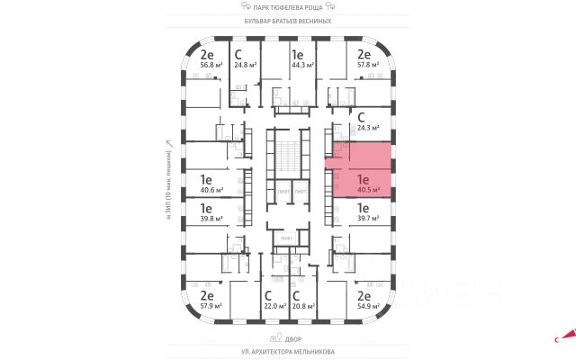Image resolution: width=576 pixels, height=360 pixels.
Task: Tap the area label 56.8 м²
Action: click(x=206, y=64)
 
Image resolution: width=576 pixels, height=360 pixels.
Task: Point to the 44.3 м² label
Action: click(x=302, y=64)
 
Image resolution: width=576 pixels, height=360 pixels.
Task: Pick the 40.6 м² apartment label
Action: click(x=206, y=190)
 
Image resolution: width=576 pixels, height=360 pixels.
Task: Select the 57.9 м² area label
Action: click(x=206, y=306)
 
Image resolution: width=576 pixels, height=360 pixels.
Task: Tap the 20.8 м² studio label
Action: click(x=302, y=306)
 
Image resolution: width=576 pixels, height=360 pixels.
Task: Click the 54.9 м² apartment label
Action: click(x=364, y=306)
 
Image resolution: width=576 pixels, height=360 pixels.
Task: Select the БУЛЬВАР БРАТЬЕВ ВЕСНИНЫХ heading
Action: click(x=288, y=20)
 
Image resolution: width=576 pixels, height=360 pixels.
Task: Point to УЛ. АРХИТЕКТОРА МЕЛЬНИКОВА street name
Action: click(x=288, y=352)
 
